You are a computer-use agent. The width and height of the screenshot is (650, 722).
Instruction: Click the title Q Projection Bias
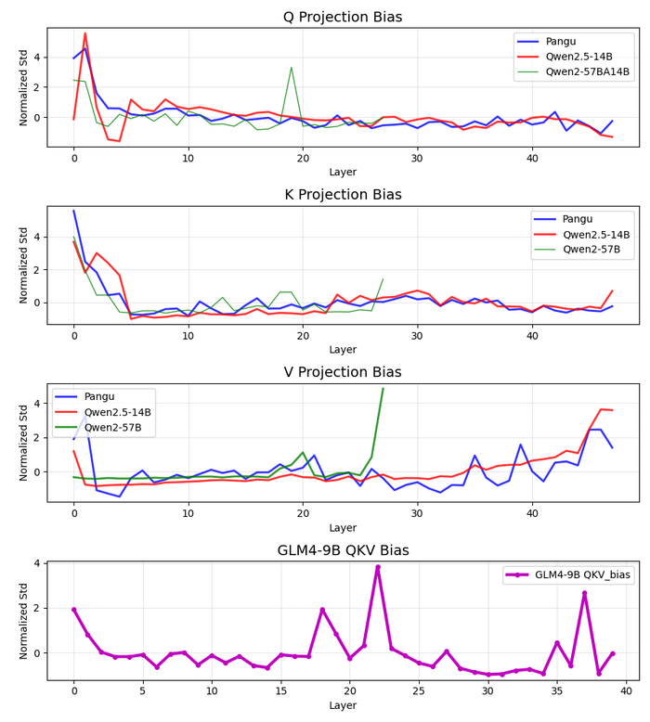click(343, 17)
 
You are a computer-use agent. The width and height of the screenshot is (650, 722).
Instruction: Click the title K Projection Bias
click(343, 195)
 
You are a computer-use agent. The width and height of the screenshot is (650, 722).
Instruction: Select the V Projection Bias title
click(343, 372)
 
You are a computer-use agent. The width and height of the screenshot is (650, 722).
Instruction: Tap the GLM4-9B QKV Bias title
click(343, 550)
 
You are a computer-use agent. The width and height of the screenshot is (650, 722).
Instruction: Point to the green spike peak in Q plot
click(292, 67)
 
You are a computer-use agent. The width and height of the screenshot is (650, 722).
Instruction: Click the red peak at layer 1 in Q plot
click(85, 33)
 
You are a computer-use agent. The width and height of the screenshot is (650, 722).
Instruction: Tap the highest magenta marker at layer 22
click(378, 567)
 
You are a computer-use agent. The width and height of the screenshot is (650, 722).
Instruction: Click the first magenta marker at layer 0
click(74, 610)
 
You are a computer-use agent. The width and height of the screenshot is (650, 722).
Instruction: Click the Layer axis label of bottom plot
click(343, 706)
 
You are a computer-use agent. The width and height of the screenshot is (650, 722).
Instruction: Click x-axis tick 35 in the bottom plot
click(557, 688)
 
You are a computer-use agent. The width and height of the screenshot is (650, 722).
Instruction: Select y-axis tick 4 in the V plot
click(39, 404)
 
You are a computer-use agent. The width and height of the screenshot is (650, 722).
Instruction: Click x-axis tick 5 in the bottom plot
click(143, 688)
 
